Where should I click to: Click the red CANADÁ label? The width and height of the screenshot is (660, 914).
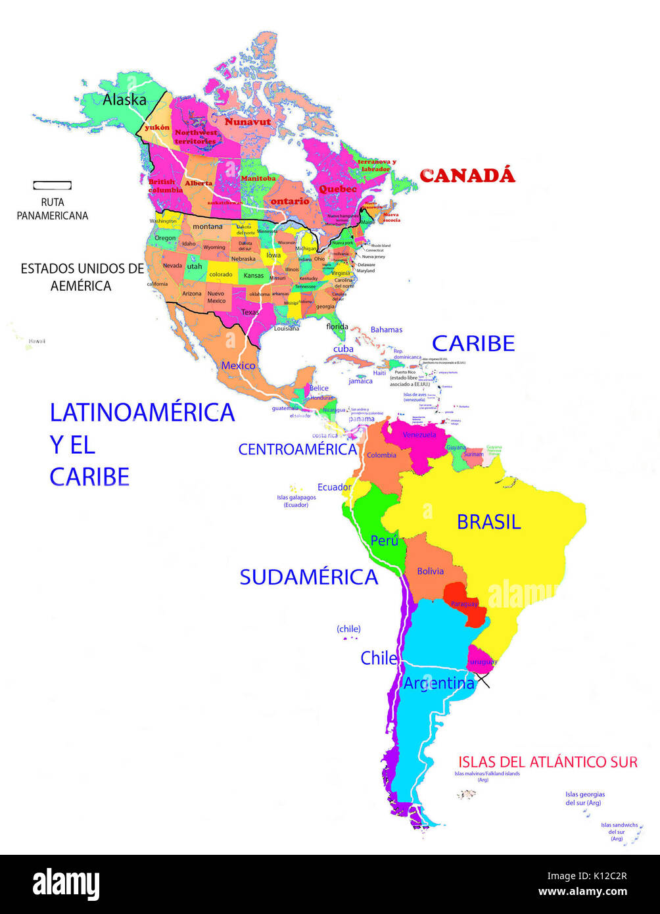click(x=467, y=176)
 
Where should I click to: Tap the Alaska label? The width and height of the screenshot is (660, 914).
click(x=124, y=100)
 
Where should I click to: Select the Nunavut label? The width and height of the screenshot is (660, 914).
click(x=248, y=122)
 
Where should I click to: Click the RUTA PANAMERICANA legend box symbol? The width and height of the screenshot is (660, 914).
click(x=53, y=185)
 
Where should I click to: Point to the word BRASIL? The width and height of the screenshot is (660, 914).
click(x=488, y=522)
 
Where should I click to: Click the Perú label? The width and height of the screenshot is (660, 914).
click(x=385, y=541)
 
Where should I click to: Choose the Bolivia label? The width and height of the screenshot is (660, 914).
click(x=430, y=571)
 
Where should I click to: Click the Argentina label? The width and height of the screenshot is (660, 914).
click(x=438, y=684)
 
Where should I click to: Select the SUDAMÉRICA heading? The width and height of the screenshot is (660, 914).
click(x=308, y=577)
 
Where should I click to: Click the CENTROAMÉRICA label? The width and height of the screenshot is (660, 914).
click(x=297, y=450)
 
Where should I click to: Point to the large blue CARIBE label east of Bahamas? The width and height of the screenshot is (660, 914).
click(x=473, y=343)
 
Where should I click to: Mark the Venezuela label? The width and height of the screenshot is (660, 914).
click(x=419, y=435)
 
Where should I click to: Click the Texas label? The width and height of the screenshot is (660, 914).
click(x=250, y=312)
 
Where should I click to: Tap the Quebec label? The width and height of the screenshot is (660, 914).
click(x=338, y=189)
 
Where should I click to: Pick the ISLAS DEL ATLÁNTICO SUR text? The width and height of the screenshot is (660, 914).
click(x=548, y=762)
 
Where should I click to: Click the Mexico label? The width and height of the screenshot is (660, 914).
click(x=238, y=366)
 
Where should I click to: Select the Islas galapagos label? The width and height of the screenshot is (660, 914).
click(x=296, y=501)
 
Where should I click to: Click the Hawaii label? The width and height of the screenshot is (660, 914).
click(x=37, y=341)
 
